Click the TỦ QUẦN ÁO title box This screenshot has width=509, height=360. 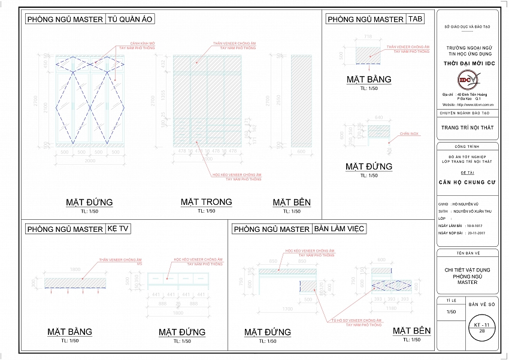pyautogui.click(x=131, y=19)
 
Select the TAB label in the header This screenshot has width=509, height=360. pyautogui.click(x=416, y=19)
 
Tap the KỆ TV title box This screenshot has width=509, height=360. pyautogui.click(x=119, y=229)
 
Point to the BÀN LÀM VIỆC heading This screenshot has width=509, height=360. pyautogui.click(x=339, y=229)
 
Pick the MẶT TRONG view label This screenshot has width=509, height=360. pyautogui.click(x=206, y=202)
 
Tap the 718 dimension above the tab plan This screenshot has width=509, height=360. pyautogui.click(x=368, y=37)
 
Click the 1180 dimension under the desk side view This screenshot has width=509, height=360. pyautogui.click(x=392, y=309)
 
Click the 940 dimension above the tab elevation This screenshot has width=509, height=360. pyautogui.click(x=378, y=117)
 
